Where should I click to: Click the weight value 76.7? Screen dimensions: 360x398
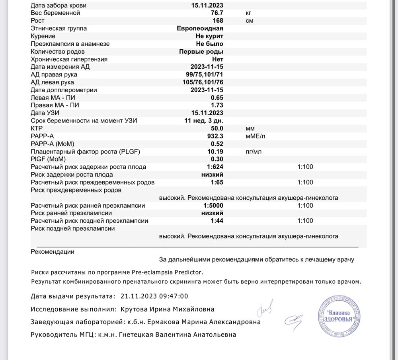[x=217, y=13]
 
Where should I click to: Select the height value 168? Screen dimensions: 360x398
[x=218, y=21]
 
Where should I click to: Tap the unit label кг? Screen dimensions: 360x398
[x=249, y=13]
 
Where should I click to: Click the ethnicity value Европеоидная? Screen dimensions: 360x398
[x=200, y=28]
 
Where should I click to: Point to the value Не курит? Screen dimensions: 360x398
[x=209, y=36]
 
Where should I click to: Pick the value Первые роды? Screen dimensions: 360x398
[x=201, y=52]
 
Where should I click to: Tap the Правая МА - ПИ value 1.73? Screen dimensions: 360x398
[x=217, y=105]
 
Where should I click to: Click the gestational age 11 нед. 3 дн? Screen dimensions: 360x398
[x=203, y=121]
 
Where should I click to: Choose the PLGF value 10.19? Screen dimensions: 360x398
[x=215, y=152]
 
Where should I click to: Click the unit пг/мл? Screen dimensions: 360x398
[x=254, y=152]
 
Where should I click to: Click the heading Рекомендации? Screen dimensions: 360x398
[x=52, y=252]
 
